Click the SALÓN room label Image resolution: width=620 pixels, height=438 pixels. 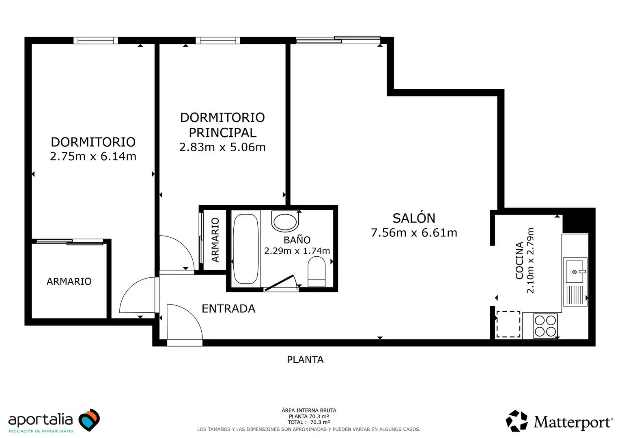(414, 218)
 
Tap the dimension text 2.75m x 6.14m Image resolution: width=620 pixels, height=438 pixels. (93, 156)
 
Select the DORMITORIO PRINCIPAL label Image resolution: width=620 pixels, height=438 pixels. (222, 125)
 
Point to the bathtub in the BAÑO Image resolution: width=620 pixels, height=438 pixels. (246, 249)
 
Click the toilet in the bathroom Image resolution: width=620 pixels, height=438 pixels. (316, 272)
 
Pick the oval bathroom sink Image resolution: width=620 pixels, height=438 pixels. (285, 221)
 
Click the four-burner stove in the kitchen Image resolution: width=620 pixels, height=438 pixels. (545, 326)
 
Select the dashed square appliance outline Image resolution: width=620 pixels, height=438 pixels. (508, 324)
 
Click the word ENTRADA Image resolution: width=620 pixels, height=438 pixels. (228, 309)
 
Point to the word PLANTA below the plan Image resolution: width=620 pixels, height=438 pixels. (305, 360)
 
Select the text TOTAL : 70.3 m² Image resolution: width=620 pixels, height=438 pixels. (309, 422)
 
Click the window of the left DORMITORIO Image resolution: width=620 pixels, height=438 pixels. (95, 41)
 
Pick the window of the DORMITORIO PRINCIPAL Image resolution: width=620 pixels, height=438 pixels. (218, 41)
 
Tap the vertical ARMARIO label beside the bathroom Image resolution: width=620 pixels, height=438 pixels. (215, 240)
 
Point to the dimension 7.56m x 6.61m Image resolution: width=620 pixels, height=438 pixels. (414, 233)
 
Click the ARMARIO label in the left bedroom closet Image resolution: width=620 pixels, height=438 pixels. (69, 281)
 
